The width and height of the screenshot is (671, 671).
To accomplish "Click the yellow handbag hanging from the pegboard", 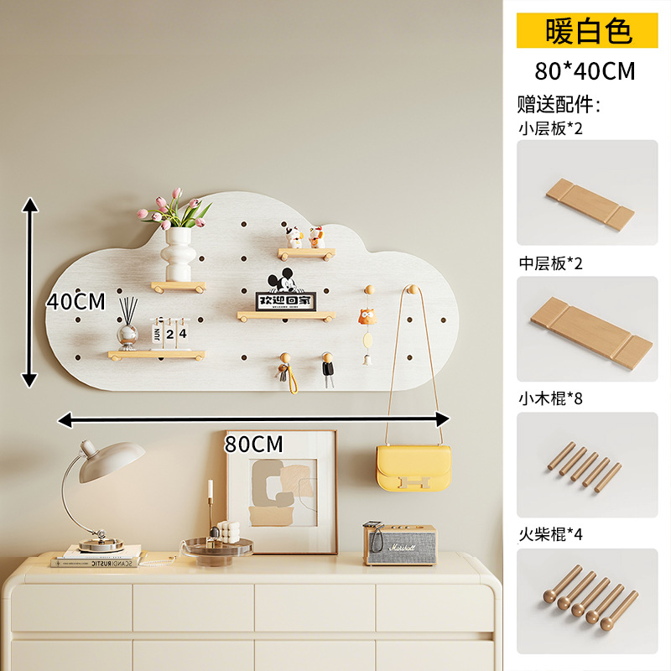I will [414, 468].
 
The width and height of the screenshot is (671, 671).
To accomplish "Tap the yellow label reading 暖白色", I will [587, 31].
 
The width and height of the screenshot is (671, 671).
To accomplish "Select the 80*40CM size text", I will [585, 71].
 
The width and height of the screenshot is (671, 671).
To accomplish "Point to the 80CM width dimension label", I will [254, 442].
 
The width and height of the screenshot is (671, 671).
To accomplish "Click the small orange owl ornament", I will [366, 317].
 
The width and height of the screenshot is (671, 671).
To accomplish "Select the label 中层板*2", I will [550, 263].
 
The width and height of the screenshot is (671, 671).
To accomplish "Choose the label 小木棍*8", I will [550, 398].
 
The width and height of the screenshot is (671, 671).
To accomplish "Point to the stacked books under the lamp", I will [96, 556].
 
